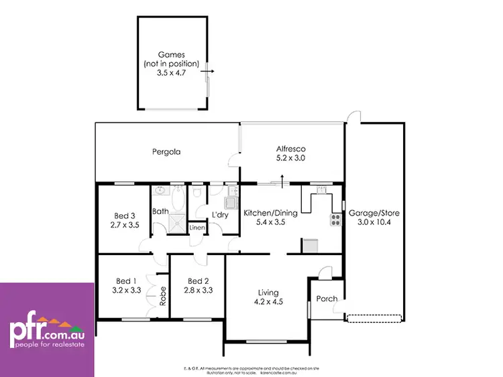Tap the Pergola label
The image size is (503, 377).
[x=165, y=152]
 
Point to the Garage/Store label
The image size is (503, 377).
[x=370, y=214]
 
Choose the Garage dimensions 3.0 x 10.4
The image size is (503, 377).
[x=370, y=223]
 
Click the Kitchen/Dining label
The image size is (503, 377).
[x=267, y=212]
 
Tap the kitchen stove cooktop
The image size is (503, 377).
[x=335, y=220]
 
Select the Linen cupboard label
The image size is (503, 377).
[x=197, y=228]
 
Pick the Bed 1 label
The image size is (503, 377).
[x=125, y=281]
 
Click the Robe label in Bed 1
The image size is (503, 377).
[x=162, y=296]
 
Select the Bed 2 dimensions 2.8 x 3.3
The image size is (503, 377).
[x=199, y=291]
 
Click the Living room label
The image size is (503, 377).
[x=269, y=292]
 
